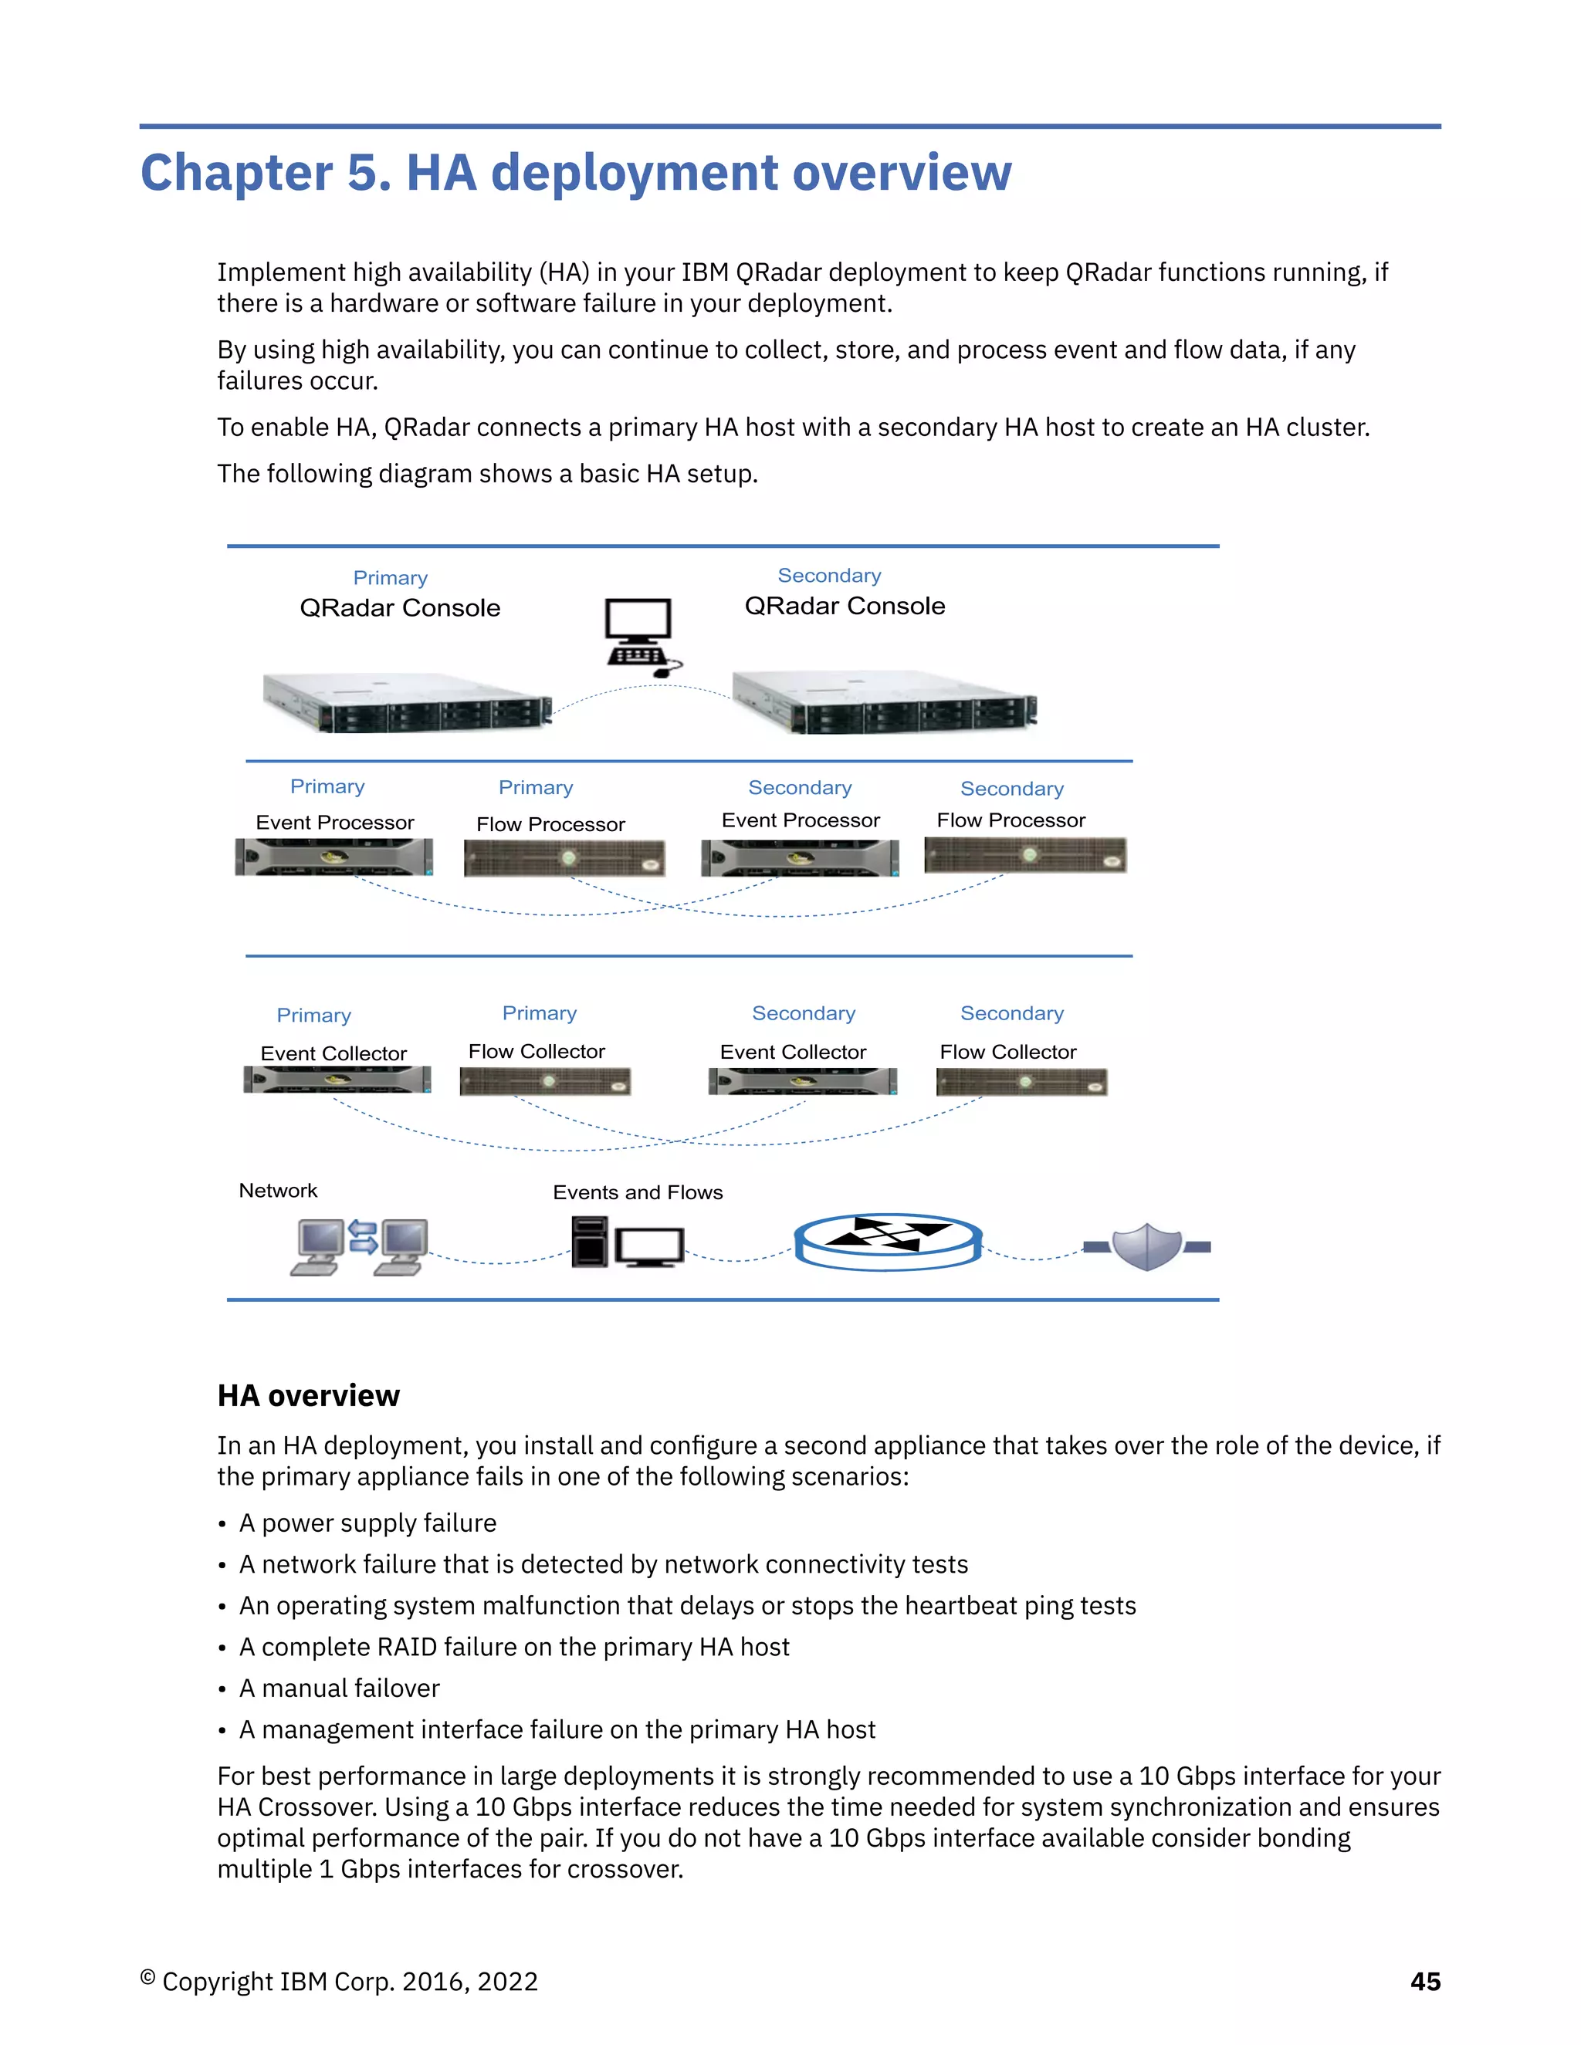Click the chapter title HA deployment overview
575,172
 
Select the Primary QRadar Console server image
407,702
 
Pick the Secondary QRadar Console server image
884,702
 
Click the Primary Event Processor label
334,822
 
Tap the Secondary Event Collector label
792,1052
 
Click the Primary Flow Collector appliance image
545,1081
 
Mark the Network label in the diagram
277,1190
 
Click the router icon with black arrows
887,1242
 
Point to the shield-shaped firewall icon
1146,1246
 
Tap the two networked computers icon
360,1246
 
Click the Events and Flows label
637,1192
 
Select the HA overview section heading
308,1395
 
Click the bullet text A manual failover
339,1688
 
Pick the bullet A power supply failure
367,1523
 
